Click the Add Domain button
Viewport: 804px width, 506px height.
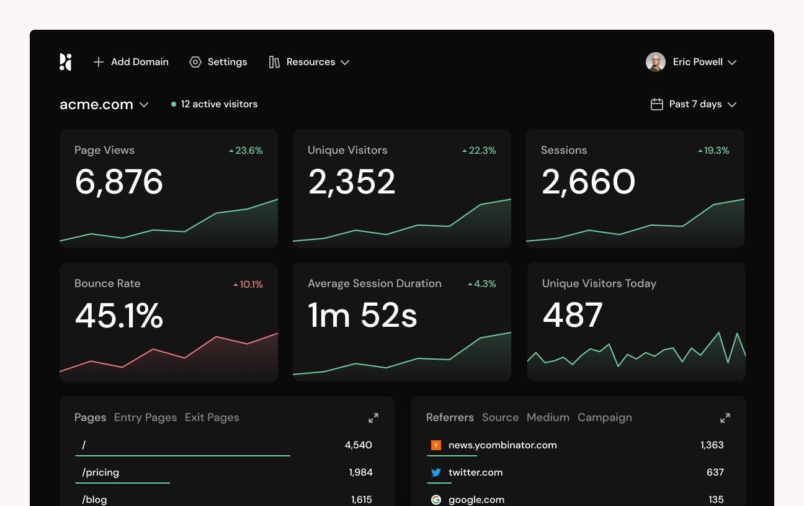point(131,62)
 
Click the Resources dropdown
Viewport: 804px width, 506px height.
point(309,62)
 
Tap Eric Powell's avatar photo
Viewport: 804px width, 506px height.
point(656,62)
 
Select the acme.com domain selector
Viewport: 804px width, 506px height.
point(104,105)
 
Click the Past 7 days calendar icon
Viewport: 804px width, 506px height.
point(656,104)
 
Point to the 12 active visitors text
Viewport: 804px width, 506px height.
point(219,104)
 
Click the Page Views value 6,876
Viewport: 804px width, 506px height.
point(119,182)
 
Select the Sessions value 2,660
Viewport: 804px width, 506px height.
point(588,182)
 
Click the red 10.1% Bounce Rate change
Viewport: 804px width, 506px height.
point(248,285)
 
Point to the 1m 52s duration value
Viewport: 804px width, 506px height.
point(362,315)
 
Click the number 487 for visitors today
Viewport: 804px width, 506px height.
point(573,315)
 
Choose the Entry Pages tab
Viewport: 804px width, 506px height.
point(145,417)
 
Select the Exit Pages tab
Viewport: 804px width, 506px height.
point(212,417)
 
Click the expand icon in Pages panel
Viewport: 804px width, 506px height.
point(373,418)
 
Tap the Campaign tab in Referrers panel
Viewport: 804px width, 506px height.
point(604,417)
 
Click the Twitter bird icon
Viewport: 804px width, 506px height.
point(436,473)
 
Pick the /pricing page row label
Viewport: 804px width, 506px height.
point(100,473)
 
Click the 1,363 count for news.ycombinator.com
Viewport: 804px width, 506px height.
point(712,445)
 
